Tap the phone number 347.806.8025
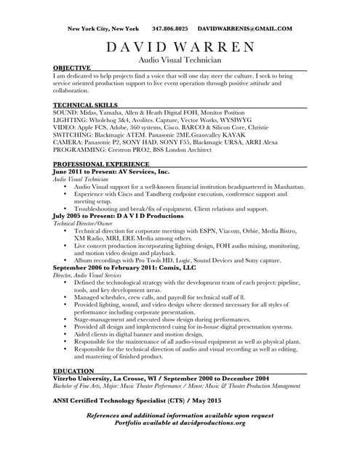(169, 29)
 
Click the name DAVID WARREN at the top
(180, 48)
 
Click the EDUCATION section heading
(73, 371)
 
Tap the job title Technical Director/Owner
(83, 224)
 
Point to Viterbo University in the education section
(84, 379)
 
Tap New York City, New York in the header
(103, 29)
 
